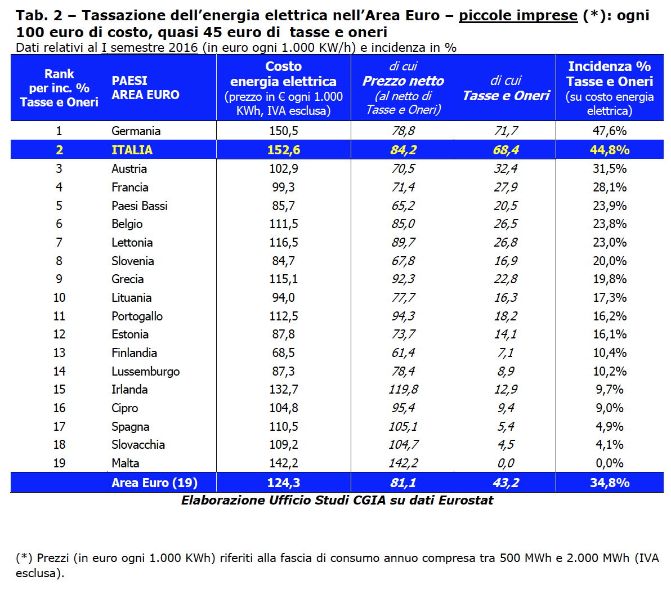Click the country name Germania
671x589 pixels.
pyautogui.click(x=136, y=131)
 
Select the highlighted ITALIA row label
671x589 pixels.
pyautogui.click(x=132, y=150)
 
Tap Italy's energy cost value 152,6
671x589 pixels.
pyautogui.click(x=283, y=150)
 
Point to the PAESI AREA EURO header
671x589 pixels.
pyautogui.click(x=145, y=88)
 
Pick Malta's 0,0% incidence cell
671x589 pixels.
pyautogui.click(x=609, y=463)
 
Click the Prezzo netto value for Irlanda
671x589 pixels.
pyautogui.click(x=403, y=390)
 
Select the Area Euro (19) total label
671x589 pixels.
pyautogui.click(x=154, y=483)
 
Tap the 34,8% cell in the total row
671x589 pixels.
pyautogui.click(x=609, y=483)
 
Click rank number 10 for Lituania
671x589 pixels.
pyautogui.click(x=59, y=298)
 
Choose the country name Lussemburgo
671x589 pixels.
pyautogui.click(x=145, y=372)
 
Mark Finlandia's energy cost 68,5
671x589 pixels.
pyautogui.click(x=283, y=353)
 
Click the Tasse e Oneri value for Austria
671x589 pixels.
pyautogui.click(x=506, y=169)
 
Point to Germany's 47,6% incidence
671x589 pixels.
pyautogui.click(x=609, y=131)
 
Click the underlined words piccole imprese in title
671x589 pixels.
pyautogui.click(x=518, y=16)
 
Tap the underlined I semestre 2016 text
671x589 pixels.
pyautogui.click(x=149, y=47)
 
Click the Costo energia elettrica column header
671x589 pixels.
pyautogui.click(x=283, y=88)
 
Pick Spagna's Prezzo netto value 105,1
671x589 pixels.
pyautogui.click(x=403, y=427)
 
